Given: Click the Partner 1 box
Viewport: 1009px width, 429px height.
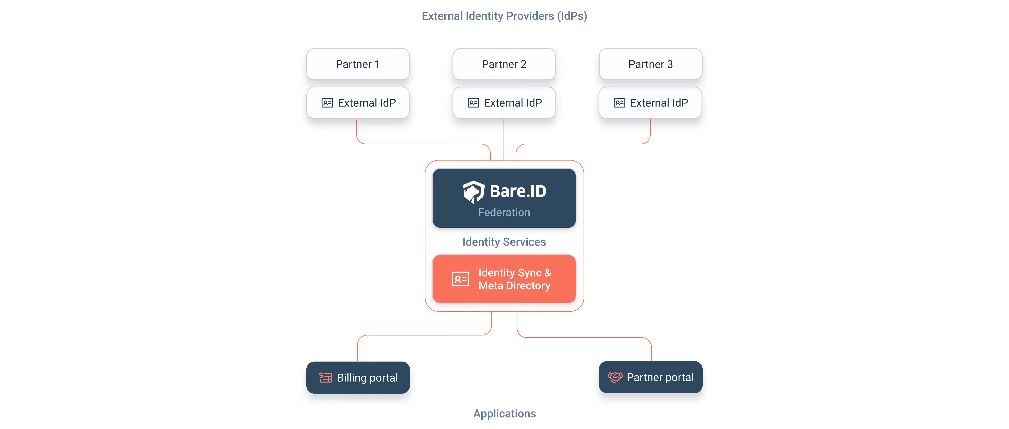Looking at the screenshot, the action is coord(358,64).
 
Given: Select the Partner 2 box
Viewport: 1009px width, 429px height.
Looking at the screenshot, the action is coord(504,64).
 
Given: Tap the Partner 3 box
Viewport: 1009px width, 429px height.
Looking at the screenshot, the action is coord(651,64).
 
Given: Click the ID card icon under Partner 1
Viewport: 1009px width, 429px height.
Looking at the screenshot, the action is coord(327,103).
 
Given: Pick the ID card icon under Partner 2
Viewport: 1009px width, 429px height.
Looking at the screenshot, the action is coord(473,103).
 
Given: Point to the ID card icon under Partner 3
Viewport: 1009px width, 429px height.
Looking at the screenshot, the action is coord(619,103).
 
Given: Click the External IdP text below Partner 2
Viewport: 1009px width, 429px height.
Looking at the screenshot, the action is coord(513,103).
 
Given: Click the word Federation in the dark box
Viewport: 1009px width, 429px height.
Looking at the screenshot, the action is coord(504,212).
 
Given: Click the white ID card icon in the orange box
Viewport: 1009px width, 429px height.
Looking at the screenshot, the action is coord(460,279).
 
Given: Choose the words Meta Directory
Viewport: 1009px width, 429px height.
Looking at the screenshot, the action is coord(514,286).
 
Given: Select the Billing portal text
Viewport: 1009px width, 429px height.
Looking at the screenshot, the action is coord(367,378).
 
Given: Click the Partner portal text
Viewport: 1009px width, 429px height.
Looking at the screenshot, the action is coord(660,377).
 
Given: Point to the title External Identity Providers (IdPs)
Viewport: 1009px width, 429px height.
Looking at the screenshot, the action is coord(504,16).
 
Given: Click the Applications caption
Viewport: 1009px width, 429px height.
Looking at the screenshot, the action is coord(504,414).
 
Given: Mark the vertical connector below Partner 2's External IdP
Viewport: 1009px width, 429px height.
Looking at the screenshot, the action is coord(504,139).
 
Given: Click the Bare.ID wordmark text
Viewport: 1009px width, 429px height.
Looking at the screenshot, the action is coord(518,191).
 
